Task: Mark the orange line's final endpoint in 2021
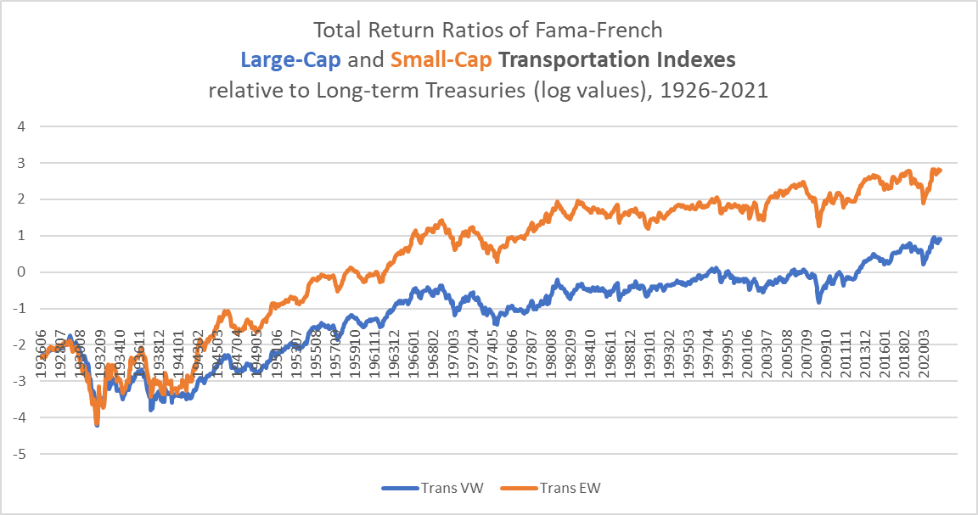(940, 170)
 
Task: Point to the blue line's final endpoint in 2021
(940, 239)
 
